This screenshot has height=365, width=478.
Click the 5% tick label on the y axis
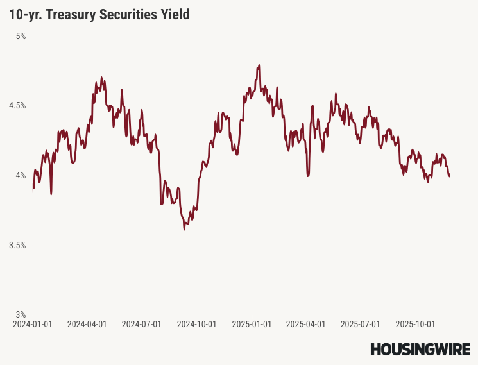pos(21,37)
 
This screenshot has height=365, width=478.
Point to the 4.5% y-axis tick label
pos(17,106)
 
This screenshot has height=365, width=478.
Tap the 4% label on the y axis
pos(21,175)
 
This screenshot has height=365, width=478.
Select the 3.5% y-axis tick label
pos(17,245)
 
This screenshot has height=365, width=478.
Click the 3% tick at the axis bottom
pos(21,314)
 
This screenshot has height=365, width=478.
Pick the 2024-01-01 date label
pos(33,325)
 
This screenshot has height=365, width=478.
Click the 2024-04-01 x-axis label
pos(87,325)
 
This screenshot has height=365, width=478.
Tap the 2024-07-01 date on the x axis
pos(142,325)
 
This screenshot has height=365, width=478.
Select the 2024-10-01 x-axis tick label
pos(197,325)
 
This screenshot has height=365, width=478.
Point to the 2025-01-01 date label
pos(252,325)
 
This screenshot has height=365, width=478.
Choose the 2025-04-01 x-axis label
pos(306,325)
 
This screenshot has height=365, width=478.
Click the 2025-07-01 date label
pos(361,325)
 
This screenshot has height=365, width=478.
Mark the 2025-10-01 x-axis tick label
pos(416,325)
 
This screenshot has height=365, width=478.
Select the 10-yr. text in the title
pos(24,14)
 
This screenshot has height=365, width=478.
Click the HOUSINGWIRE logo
pos(420,349)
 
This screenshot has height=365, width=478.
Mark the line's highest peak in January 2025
pos(259,65)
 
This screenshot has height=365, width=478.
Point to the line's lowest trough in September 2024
pos(184,228)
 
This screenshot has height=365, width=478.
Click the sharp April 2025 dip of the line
pos(308,174)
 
